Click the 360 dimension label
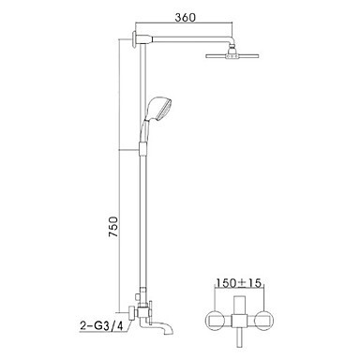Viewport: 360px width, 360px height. click(x=185, y=17)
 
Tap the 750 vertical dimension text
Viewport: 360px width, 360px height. click(x=113, y=226)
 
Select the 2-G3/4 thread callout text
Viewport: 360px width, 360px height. click(x=100, y=326)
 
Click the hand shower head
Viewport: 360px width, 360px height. click(x=160, y=110)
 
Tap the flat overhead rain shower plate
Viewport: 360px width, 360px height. click(x=232, y=56)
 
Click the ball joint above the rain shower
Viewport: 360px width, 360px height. click(x=232, y=50)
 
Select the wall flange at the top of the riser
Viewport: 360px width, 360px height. click(x=134, y=39)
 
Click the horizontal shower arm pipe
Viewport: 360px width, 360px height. click(x=190, y=38)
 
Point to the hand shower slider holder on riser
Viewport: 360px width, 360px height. click(x=142, y=148)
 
